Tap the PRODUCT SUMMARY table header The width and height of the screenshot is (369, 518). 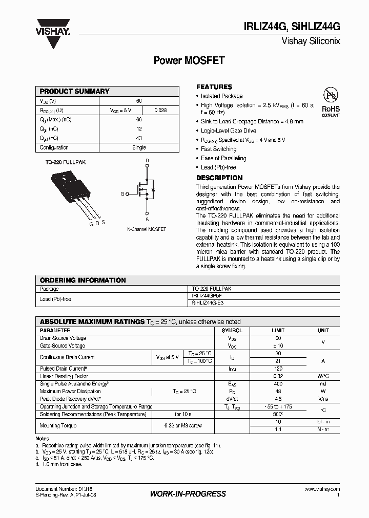click(x=75, y=91)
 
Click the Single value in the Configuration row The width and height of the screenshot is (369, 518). click(x=139, y=147)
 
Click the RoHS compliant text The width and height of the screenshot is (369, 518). click(x=331, y=111)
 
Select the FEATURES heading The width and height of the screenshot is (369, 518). click(x=214, y=87)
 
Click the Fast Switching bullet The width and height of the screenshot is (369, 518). click(x=219, y=149)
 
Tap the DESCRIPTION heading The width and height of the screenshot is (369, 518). click(x=219, y=178)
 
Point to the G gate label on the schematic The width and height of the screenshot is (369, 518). click(x=122, y=194)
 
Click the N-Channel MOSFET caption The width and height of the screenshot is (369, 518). click(x=147, y=229)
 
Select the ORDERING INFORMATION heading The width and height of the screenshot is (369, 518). click(x=83, y=280)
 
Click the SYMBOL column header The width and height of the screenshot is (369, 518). click(x=232, y=331)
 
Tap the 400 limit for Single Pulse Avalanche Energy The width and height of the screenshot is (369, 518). click(x=278, y=383)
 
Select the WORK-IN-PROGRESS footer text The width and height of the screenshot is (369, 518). click(x=188, y=494)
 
